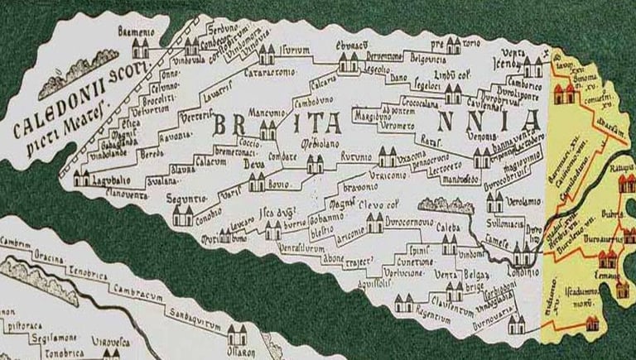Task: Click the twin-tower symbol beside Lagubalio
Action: [x=83, y=177]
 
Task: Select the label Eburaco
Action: [x=352, y=45]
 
